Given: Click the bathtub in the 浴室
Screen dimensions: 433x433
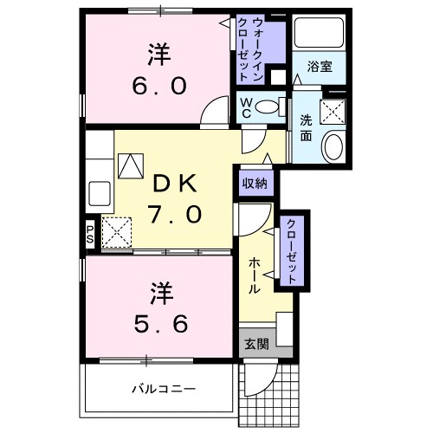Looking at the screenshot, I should point(320,34).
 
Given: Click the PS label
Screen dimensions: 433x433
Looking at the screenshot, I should point(90,232).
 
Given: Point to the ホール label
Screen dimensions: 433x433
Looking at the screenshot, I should point(256,274).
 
